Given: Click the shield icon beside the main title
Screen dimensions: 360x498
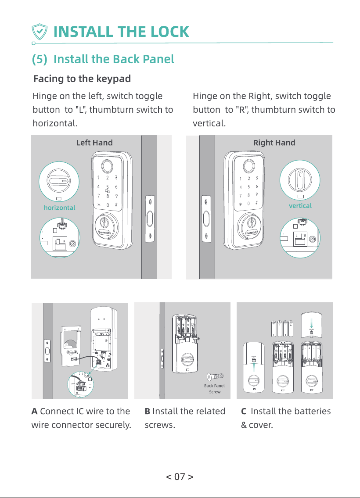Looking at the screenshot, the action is click(x=40, y=32).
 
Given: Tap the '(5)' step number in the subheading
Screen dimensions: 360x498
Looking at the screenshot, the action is click(x=40, y=59).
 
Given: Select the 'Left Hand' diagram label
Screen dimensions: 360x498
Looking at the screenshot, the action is click(x=94, y=143).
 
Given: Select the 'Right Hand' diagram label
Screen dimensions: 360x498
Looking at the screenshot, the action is click(x=274, y=143).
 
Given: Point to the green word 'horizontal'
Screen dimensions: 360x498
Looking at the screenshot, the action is click(x=59, y=208).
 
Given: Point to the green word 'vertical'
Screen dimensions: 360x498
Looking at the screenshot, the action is click(x=300, y=206).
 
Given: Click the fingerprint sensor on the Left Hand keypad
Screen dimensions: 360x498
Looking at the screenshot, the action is click(x=107, y=166).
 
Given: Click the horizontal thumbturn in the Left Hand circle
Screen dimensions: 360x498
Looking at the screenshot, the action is click(x=59, y=181).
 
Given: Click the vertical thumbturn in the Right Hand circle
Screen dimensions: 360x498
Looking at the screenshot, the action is click(x=299, y=179).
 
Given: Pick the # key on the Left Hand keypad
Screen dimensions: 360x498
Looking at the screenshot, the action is click(x=116, y=204).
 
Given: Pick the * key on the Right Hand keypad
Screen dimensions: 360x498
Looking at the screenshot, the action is click(x=241, y=204).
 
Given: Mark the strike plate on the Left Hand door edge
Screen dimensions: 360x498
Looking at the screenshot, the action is click(x=150, y=219).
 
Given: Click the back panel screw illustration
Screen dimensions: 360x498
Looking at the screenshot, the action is click(x=215, y=376).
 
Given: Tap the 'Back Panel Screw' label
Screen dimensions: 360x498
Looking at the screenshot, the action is click(x=215, y=389).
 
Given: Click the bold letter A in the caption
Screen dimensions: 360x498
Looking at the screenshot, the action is click(x=34, y=411).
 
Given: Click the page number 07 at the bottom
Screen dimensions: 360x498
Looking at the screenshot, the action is click(x=180, y=477).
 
